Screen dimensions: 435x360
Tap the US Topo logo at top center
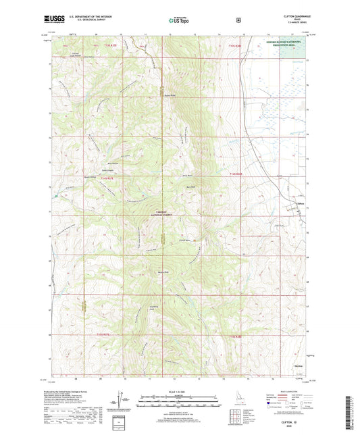[x=179, y=21]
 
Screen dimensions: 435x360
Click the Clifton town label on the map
[x=301, y=201]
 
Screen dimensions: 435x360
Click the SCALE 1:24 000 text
[x=179, y=397]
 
